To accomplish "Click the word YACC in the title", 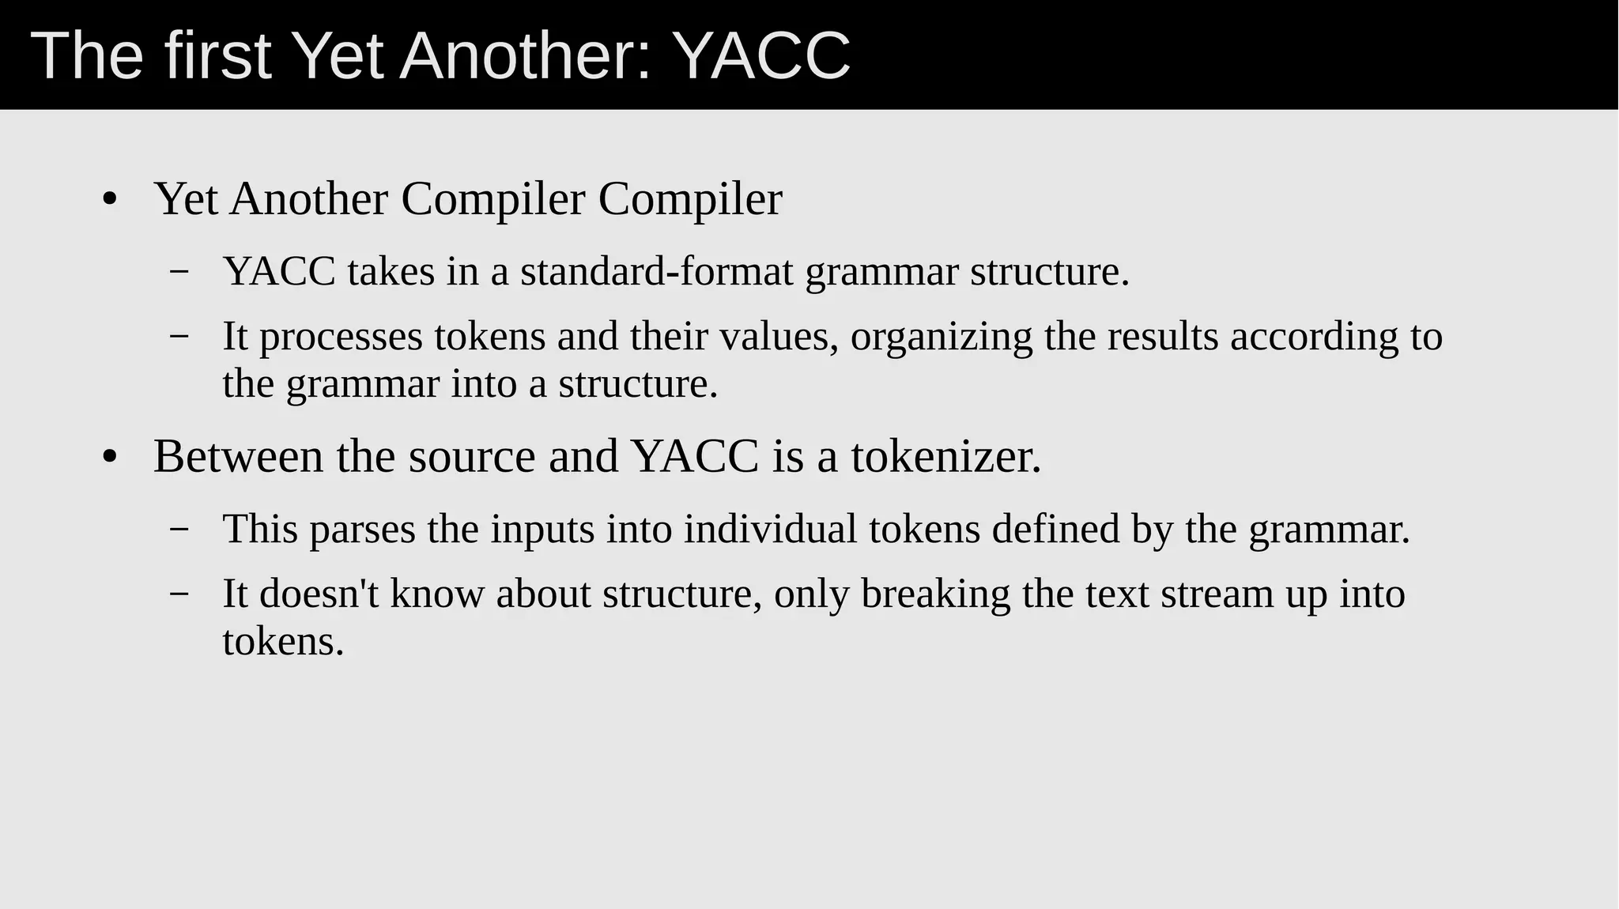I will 764,55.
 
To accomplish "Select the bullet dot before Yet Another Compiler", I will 110,200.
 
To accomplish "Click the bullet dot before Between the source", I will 110,458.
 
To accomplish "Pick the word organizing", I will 942,337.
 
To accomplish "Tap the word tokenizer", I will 946,457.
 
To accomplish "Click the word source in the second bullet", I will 472,457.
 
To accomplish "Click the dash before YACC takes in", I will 179,272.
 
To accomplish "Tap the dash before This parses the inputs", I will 179,529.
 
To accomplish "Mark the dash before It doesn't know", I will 179,594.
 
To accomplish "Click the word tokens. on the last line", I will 283,642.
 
